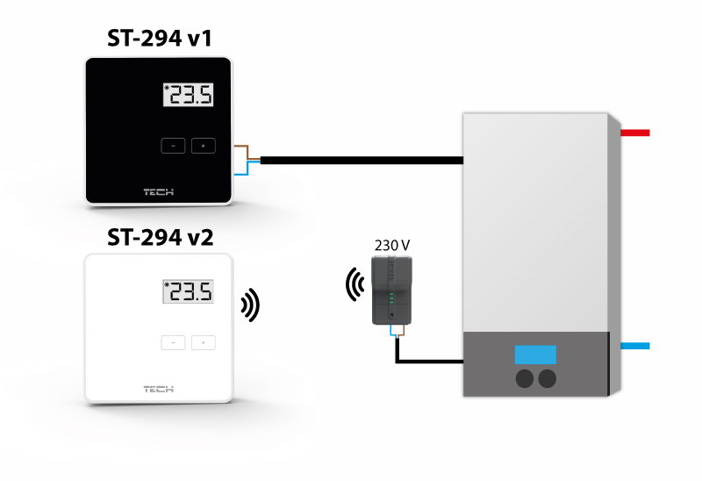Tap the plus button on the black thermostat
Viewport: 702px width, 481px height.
pyautogui.click(x=203, y=146)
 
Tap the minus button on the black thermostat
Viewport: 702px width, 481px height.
pyautogui.click(x=173, y=146)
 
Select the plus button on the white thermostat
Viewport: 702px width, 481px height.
pyautogui.click(x=203, y=342)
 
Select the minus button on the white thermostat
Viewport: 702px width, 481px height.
pyautogui.click(x=173, y=342)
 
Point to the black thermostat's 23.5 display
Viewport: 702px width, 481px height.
pyautogui.click(x=189, y=96)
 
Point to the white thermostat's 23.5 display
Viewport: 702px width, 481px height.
pyautogui.click(x=189, y=292)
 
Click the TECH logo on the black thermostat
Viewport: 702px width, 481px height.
pyautogui.click(x=159, y=190)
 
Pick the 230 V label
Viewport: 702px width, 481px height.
pyautogui.click(x=391, y=245)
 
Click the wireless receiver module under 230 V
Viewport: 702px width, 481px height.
pyautogui.click(x=391, y=291)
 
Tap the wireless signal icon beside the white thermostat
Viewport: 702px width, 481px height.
pyautogui.click(x=251, y=305)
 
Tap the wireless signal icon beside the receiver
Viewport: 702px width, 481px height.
pyautogui.click(x=355, y=284)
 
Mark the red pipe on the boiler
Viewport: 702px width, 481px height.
pyautogui.click(x=634, y=133)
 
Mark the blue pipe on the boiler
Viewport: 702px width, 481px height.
pyautogui.click(x=634, y=347)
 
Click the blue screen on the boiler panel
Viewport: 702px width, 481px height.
pyautogui.click(x=535, y=355)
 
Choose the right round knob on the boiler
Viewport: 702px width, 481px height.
pyautogui.click(x=548, y=378)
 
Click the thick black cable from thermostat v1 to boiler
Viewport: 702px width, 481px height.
pyautogui.click(x=360, y=160)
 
